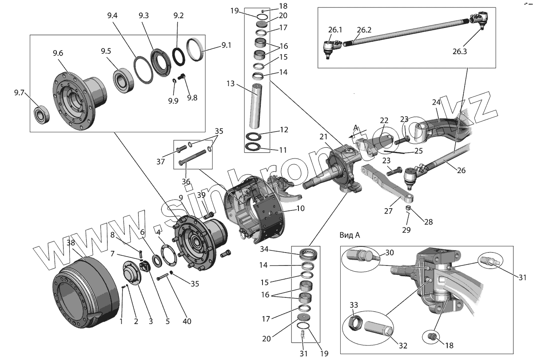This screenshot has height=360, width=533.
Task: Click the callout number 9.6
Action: (58, 53)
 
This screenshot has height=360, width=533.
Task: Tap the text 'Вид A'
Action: (350, 235)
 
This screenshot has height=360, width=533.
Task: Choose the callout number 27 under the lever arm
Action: (389, 211)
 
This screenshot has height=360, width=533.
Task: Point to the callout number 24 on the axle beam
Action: (437, 102)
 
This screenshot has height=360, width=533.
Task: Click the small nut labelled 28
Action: (409, 208)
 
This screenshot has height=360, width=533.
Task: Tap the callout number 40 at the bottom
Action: (187, 321)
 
